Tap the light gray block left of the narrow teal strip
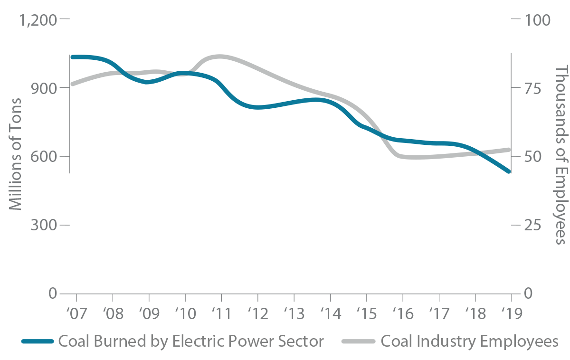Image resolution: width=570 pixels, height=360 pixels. tap(150, 47)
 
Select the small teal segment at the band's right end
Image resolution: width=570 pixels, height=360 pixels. tap(494, 180)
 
